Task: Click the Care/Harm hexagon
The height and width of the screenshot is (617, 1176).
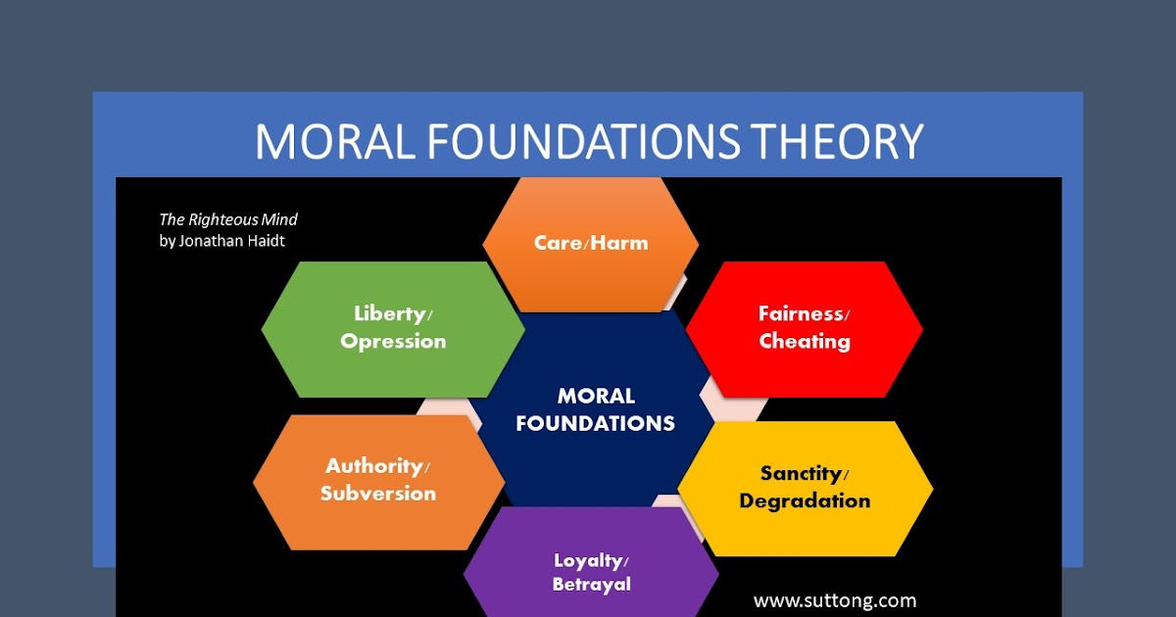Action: (591, 243)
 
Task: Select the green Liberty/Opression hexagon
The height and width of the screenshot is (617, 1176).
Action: (393, 328)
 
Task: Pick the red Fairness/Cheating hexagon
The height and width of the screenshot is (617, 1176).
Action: (804, 328)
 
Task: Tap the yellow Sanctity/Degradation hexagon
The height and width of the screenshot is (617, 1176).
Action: (805, 488)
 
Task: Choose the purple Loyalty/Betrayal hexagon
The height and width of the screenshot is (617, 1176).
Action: (591, 572)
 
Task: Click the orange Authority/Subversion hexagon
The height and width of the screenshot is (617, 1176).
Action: (378, 480)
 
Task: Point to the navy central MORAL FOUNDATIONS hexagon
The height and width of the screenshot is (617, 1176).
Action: (595, 409)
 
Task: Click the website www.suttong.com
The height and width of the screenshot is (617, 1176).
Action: (835, 600)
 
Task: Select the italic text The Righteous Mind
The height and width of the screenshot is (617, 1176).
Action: (228, 219)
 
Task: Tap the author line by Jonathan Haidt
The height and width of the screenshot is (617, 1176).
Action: (221, 240)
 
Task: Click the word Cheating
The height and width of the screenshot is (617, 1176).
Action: (805, 342)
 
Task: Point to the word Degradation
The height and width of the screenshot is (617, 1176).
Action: (805, 501)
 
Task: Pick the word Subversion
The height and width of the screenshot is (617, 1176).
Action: (378, 494)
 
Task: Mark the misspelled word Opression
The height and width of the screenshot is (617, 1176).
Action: (393, 342)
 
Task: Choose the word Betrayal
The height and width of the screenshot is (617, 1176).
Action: (591, 585)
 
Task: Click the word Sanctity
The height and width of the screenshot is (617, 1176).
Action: (801, 474)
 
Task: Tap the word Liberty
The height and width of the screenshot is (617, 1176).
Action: (389, 313)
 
